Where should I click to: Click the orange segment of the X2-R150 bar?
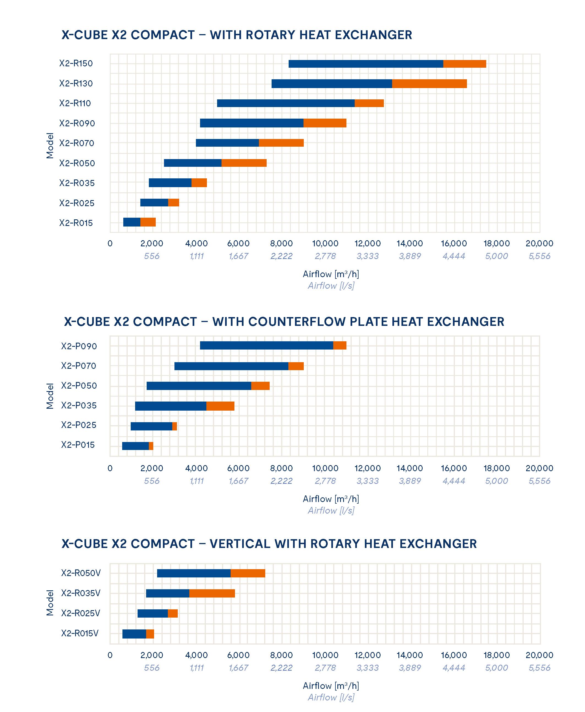point(464,64)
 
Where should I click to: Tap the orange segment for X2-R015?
point(148,222)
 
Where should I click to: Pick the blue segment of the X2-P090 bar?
point(266,345)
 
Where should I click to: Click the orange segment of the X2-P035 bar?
point(220,406)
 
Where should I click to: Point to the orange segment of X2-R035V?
point(212,593)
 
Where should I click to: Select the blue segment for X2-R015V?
point(134,634)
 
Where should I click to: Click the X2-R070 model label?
point(76,143)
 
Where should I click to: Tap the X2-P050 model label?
point(79,386)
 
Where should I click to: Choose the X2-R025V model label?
point(81,613)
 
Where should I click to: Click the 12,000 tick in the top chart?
point(367,243)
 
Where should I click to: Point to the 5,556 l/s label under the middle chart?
point(539,481)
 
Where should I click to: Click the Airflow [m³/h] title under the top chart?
point(330,274)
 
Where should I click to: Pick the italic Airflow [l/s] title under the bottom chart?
point(330,697)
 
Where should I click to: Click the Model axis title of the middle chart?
point(50,396)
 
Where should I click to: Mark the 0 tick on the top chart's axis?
point(110,243)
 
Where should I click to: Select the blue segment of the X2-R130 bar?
point(332,84)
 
